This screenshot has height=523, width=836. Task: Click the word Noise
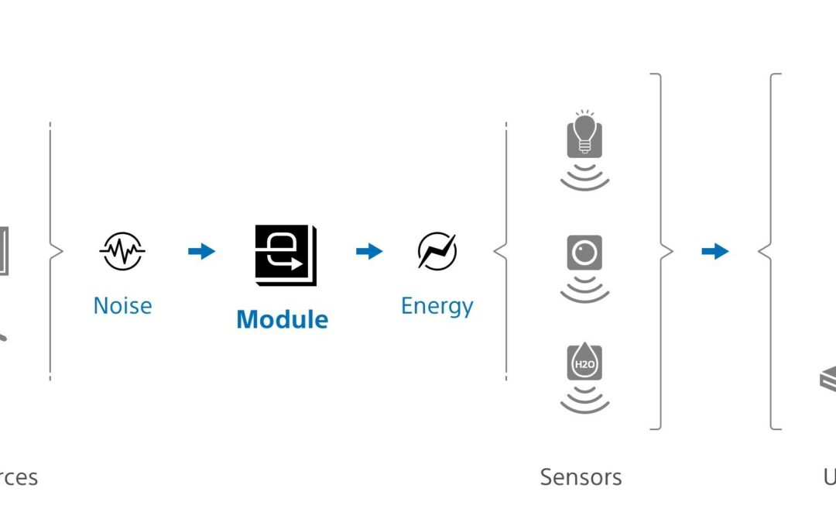pos(122,305)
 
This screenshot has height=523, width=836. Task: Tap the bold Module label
pos(282,318)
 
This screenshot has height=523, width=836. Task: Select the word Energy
pos(437,306)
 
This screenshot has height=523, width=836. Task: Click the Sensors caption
pos(581,477)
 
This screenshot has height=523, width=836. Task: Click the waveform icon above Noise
pos(122,251)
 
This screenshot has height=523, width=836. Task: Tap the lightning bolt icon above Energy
pos(437,251)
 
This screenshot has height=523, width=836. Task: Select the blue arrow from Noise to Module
pos(201,251)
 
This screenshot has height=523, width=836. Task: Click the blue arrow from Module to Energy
pos(369,251)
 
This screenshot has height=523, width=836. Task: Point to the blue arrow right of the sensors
pos(714,251)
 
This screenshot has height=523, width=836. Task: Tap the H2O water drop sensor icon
pos(584,363)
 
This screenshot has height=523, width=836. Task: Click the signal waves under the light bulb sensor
pos(584,177)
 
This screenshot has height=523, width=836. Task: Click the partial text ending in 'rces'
pos(17,477)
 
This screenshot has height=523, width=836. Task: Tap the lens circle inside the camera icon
pos(584,252)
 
